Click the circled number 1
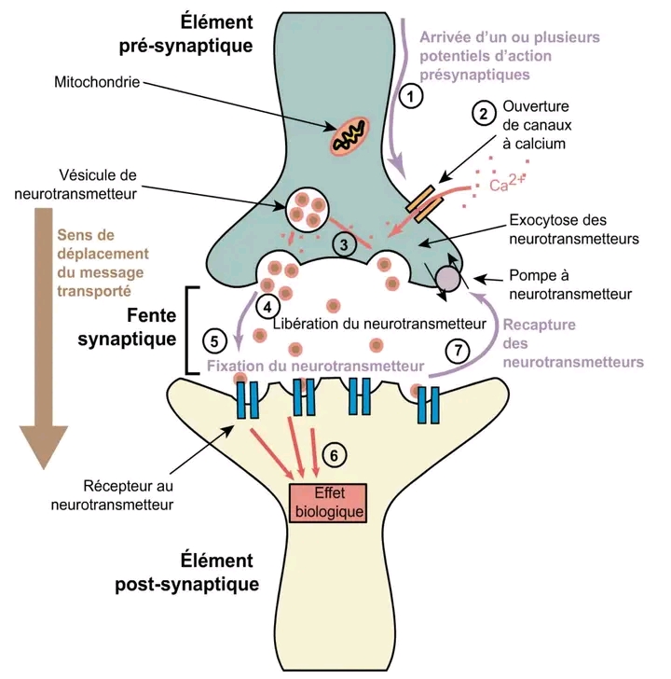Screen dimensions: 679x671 coord(411,95)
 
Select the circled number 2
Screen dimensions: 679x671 coord(483,114)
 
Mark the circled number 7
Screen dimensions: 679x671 coord(457,351)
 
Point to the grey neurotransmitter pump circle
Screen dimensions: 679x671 coord(447,277)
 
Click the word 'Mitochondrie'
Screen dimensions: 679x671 coord(95,82)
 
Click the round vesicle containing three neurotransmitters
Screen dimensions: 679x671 coord(306,210)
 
